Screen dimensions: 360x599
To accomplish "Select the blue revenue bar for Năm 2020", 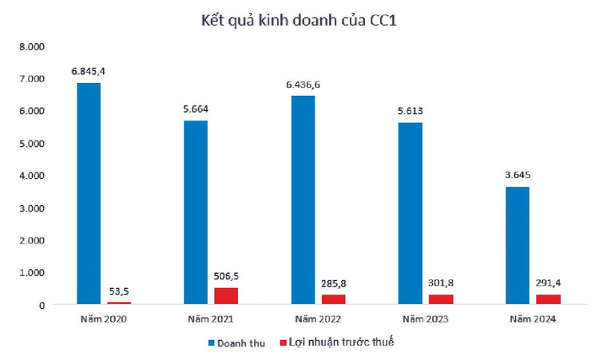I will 88,193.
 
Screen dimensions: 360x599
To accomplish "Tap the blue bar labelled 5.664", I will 196,212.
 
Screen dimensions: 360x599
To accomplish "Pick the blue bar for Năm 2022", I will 303,200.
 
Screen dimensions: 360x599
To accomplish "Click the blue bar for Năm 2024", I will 518,245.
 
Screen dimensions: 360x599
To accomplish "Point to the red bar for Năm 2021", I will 226,295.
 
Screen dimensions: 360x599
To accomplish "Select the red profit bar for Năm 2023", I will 441,299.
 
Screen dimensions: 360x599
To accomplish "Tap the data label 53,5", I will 118,291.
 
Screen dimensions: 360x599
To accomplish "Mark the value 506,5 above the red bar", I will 226,275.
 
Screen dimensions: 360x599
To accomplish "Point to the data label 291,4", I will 548,283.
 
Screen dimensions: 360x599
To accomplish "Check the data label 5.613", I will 411,111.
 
